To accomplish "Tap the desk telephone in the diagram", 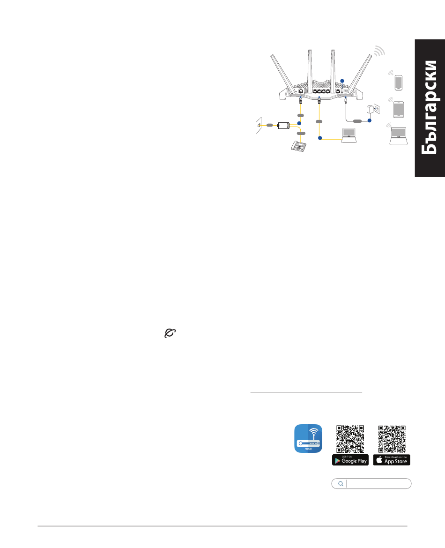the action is (299, 146).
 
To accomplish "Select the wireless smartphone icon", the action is (398, 82).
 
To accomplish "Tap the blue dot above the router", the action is (341, 81).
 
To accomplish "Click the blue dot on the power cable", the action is (369, 120).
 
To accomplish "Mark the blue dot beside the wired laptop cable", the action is (320, 138).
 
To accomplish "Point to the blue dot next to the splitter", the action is (299, 124).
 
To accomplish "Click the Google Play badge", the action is (350, 460).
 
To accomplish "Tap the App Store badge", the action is (392, 460).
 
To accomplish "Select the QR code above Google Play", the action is (350, 438).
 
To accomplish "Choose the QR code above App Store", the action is (392, 438).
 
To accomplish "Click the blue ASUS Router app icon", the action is (308, 439).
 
